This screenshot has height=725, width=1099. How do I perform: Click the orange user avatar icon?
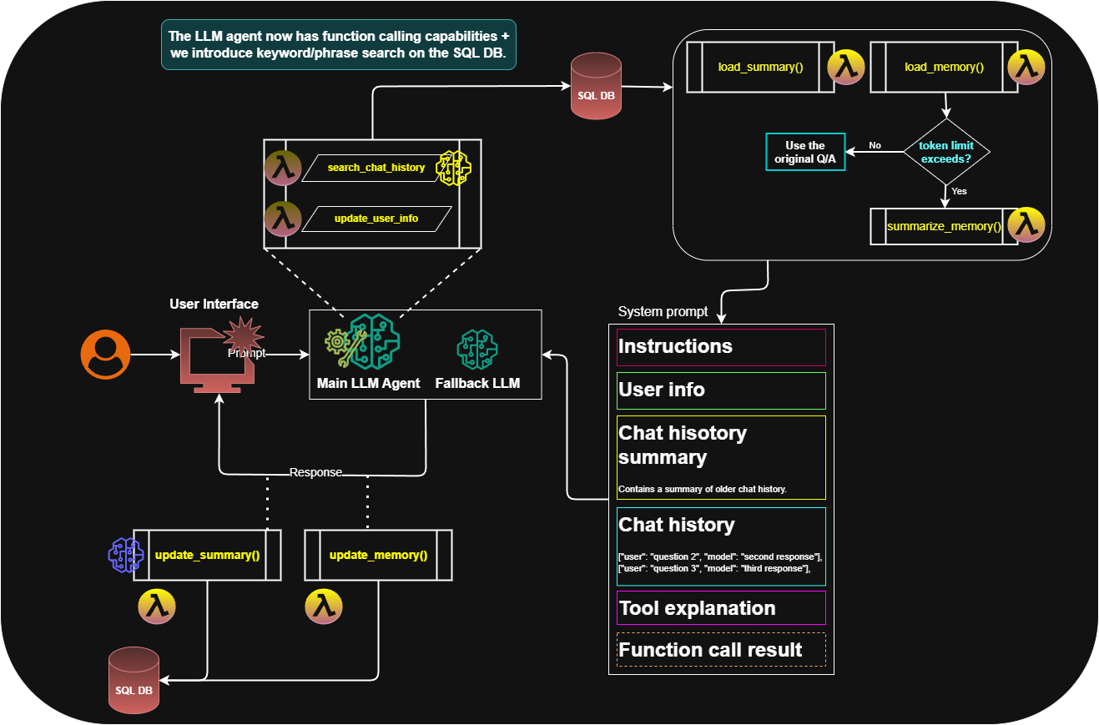(x=105, y=355)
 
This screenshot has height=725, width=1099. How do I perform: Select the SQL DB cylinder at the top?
(x=596, y=88)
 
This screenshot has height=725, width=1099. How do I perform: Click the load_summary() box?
(x=760, y=67)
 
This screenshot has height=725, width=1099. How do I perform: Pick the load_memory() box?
(x=944, y=67)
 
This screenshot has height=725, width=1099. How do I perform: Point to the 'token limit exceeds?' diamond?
(x=946, y=152)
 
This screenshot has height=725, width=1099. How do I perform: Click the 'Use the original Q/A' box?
(x=805, y=152)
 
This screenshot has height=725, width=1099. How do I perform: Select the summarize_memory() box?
(x=944, y=226)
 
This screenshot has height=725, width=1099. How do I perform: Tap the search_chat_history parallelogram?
(x=376, y=168)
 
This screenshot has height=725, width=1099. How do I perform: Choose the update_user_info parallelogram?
(x=376, y=219)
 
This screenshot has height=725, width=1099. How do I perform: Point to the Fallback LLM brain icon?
(x=477, y=350)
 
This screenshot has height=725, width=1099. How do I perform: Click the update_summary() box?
(x=207, y=555)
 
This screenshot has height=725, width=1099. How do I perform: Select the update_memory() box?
(x=378, y=555)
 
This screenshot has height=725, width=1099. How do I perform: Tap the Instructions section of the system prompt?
(x=721, y=347)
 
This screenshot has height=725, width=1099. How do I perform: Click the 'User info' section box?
(x=721, y=390)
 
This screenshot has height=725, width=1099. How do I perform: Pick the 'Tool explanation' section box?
(x=721, y=608)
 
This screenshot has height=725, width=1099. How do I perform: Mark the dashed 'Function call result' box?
(x=721, y=650)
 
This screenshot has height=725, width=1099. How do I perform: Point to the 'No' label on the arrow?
(x=875, y=145)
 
